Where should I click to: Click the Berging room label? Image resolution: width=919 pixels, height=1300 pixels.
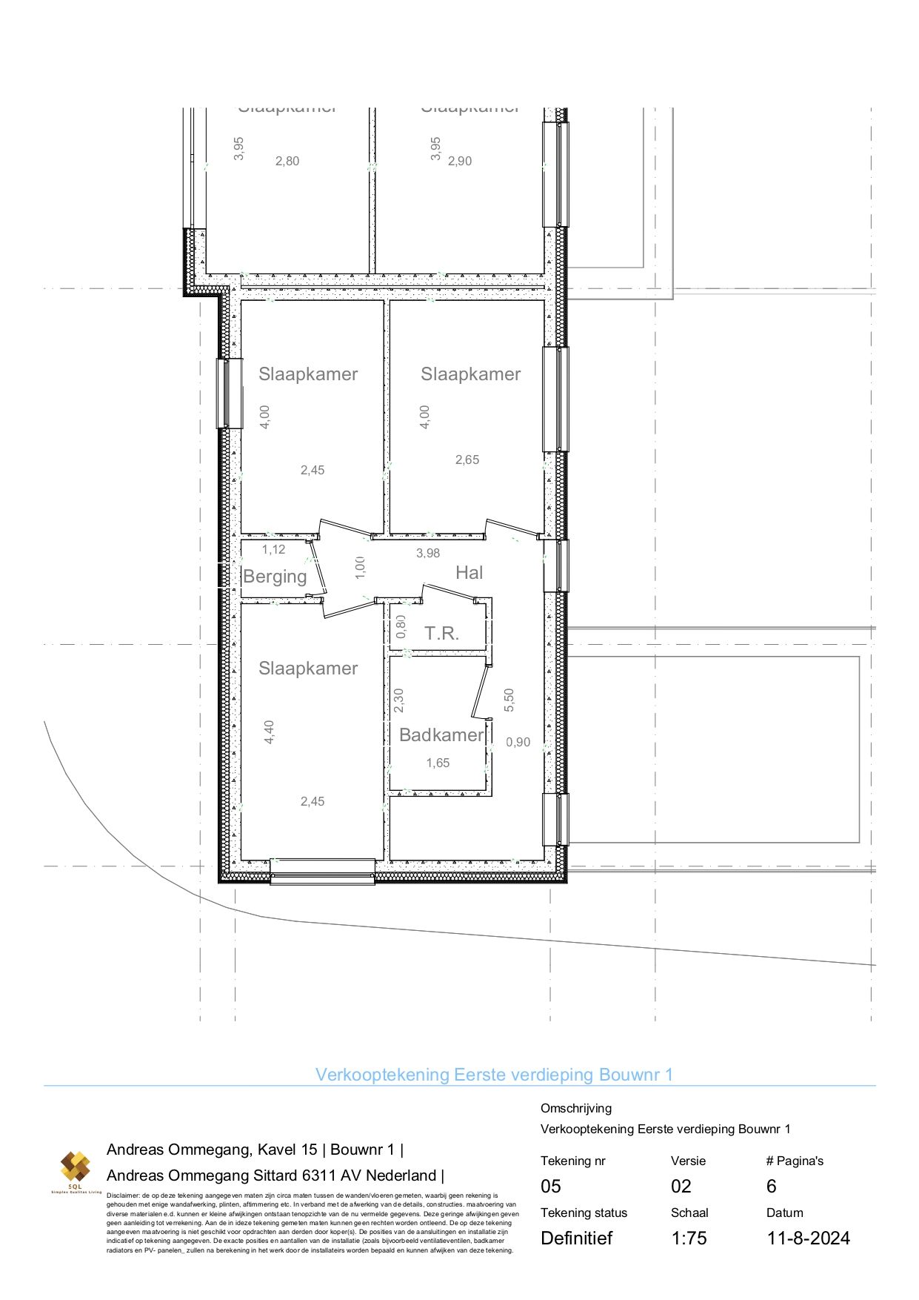(275, 577)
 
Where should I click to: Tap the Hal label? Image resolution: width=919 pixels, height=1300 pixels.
(469, 572)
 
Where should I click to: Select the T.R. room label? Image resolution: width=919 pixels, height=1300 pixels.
(441, 634)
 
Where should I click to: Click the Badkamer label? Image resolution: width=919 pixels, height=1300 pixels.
(441, 734)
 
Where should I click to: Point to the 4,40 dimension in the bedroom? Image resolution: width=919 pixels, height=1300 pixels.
(270, 732)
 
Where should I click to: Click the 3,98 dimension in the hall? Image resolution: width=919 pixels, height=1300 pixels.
(428, 553)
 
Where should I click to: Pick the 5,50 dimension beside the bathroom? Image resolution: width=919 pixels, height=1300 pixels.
(509, 700)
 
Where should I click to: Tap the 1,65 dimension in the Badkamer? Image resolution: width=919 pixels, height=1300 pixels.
(438, 763)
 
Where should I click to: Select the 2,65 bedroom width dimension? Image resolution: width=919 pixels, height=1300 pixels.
(467, 460)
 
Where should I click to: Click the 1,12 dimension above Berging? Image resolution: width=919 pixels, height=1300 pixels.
(273, 549)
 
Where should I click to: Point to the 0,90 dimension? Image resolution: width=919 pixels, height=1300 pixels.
(518, 742)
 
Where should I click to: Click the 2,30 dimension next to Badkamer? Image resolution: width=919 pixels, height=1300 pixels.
(399, 700)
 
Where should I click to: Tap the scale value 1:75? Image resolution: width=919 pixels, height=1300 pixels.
(689, 1238)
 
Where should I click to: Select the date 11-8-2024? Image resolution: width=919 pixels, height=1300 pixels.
(808, 1238)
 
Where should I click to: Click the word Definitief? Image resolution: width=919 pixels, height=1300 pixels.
(576, 1238)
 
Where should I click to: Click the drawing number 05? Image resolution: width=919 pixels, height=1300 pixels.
(551, 1186)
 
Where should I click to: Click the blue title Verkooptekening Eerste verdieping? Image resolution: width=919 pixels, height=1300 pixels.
(494, 1074)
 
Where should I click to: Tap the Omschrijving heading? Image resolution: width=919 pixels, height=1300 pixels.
(575, 1108)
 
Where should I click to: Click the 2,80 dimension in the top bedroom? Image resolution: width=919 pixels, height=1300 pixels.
(287, 161)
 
